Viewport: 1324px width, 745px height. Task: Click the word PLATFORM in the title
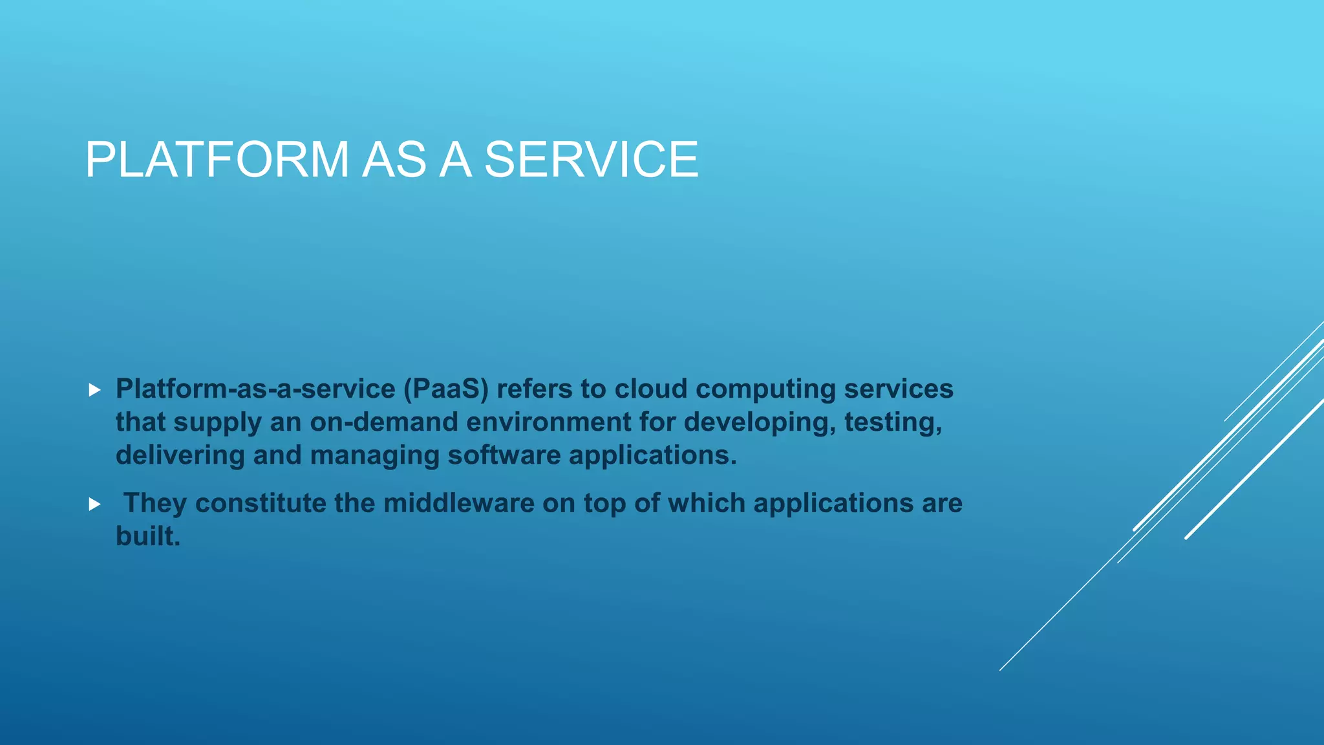[x=217, y=160]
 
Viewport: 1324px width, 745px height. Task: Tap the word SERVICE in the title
[x=591, y=160]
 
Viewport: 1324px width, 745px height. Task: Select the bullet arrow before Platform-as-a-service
[x=95, y=390]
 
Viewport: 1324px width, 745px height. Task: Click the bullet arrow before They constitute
[x=95, y=504]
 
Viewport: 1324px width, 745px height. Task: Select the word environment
[x=548, y=422]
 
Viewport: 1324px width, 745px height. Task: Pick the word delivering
[x=180, y=455]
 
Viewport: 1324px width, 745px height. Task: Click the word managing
[x=374, y=455]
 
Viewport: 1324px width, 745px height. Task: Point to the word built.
[x=147, y=536]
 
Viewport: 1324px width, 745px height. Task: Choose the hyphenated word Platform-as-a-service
[x=255, y=389]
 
